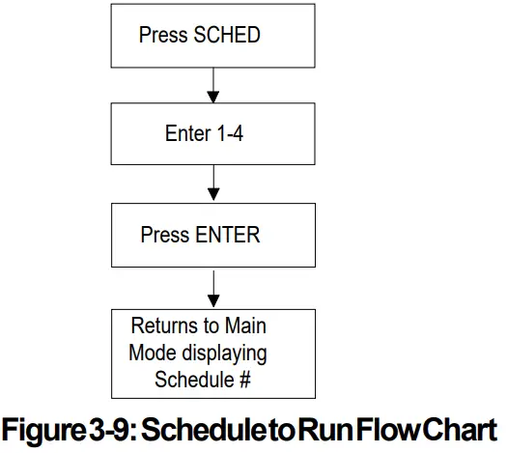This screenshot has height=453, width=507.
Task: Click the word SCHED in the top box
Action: click(227, 36)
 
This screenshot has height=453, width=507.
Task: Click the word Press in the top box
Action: click(164, 36)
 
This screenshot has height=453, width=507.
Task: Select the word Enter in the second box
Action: click(187, 133)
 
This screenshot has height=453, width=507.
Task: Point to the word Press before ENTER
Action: click(164, 235)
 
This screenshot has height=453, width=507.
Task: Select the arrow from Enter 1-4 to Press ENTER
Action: click(213, 186)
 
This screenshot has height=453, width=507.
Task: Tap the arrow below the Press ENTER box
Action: click(213, 287)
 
